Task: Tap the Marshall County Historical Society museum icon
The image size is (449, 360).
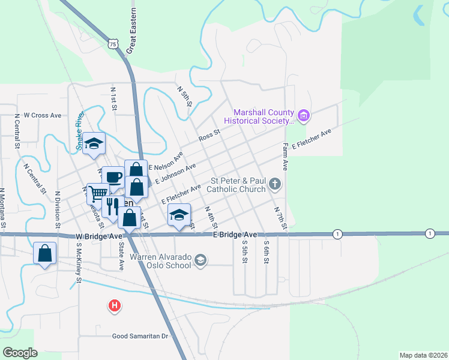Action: point(303,115)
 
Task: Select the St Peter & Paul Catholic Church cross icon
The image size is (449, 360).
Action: point(275,184)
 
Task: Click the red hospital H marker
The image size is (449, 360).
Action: point(115,307)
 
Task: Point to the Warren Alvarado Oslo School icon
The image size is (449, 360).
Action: point(200,260)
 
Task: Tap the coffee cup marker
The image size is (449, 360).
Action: point(113,176)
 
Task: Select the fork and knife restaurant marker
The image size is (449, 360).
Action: point(112,206)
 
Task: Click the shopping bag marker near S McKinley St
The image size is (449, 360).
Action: point(45,253)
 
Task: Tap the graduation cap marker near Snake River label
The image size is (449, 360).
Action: point(94,143)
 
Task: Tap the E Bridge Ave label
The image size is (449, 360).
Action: point(235,235)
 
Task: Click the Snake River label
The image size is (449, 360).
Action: point(78,130)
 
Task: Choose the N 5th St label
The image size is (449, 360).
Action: point(184,96)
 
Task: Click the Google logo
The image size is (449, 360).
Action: point(20,353)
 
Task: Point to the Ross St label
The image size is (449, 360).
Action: point(209,136)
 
